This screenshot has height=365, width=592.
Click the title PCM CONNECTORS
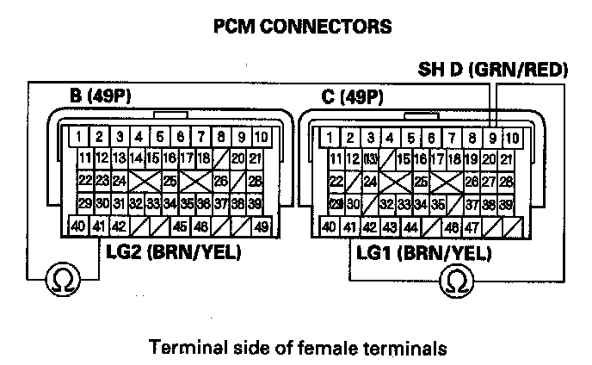[301, 27]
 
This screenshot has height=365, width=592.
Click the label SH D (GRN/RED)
[493, 69]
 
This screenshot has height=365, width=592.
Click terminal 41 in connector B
[100, 227]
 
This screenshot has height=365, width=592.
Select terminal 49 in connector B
[261, 227]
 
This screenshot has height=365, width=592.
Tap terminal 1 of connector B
[79, 137]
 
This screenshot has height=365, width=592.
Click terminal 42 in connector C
[370, 227]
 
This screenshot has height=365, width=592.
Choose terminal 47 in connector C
[472, 227]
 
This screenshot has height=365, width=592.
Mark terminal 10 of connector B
[262, 137]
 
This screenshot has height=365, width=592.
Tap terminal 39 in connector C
[507, 204]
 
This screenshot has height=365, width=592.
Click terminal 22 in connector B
[84, 181]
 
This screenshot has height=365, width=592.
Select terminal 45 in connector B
[181, 227]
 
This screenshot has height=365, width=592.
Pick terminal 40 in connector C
[330, 227]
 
